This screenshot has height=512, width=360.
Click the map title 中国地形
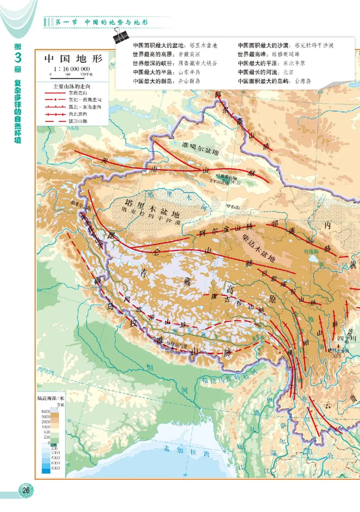coord(72,59)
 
